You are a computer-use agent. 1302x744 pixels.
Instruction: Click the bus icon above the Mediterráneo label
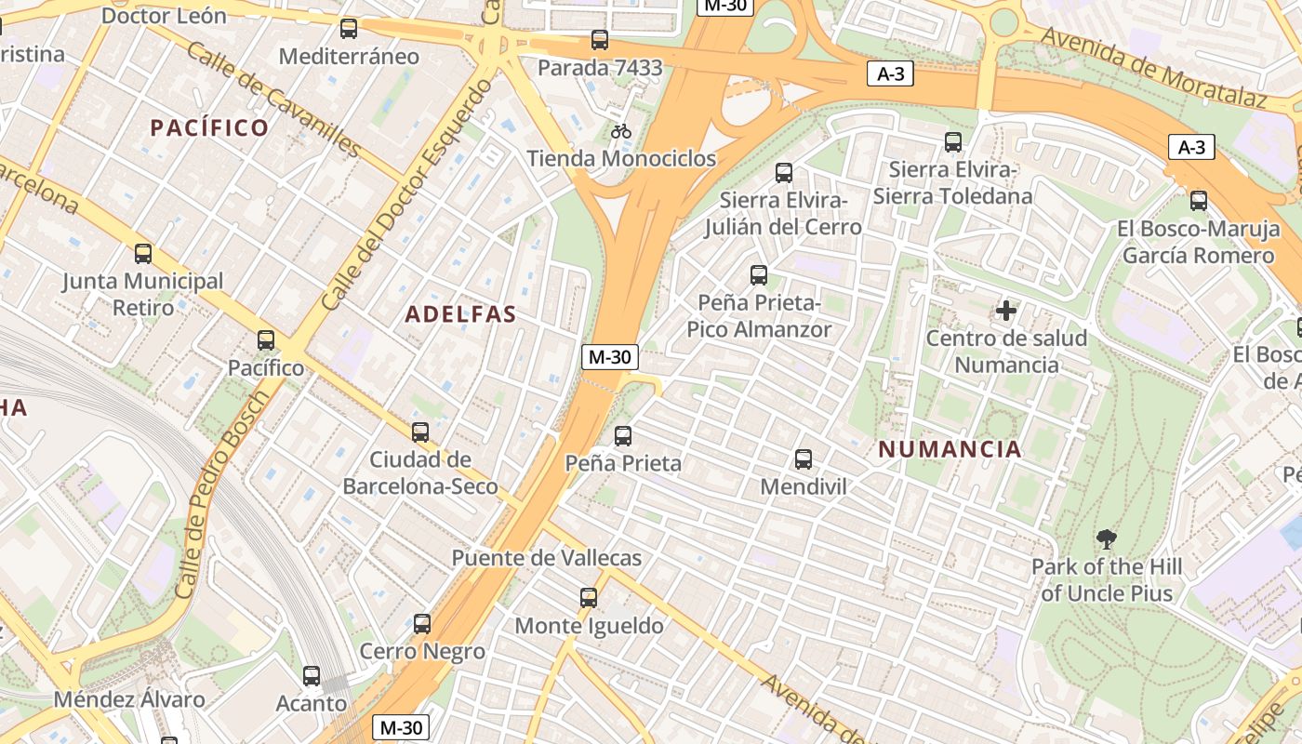(349, 29)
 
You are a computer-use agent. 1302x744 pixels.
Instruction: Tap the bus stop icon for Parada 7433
(600, 40)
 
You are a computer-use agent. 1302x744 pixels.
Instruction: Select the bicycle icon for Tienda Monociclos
(621, 131)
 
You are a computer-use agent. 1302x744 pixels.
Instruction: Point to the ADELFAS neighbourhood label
(460, 314)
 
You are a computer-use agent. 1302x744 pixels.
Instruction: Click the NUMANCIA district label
(950, 449)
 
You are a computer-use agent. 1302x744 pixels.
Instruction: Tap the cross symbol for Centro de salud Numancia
(1006, 311)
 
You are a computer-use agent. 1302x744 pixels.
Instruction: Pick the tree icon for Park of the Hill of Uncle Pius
(1106, 538)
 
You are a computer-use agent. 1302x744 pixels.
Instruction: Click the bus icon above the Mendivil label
(804, 459)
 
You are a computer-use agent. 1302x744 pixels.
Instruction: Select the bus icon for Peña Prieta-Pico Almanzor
(759, 275)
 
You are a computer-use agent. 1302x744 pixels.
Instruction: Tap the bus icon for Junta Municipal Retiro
(143, 254)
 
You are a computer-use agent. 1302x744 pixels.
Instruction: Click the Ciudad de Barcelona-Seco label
(420, 472)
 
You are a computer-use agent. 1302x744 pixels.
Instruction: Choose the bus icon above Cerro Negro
(422, 624)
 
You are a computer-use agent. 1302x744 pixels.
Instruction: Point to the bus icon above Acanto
(312, 676)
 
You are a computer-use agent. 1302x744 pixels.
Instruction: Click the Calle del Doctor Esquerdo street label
(407, 196)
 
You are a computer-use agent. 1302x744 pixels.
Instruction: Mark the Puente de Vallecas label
(547, 558)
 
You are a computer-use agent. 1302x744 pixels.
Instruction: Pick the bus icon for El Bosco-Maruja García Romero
(1199, 201)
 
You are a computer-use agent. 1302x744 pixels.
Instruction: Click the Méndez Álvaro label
(129, 700)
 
